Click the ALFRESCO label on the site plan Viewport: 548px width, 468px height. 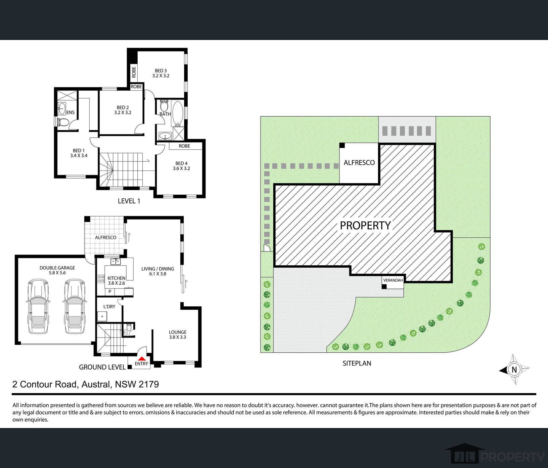(359, 163)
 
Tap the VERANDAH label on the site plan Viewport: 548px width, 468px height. (393, 280)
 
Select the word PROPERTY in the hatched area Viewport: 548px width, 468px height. (365, 225)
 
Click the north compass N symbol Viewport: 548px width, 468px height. (514, 370)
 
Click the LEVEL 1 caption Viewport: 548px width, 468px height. (129, 201)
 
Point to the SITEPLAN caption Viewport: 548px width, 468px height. (357, 363)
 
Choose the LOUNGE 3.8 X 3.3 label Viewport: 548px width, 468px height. (177, 334)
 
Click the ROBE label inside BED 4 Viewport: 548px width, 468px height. (184, 146)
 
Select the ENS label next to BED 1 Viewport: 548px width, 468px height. (71, 112)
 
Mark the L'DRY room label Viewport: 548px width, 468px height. (109, 306)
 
